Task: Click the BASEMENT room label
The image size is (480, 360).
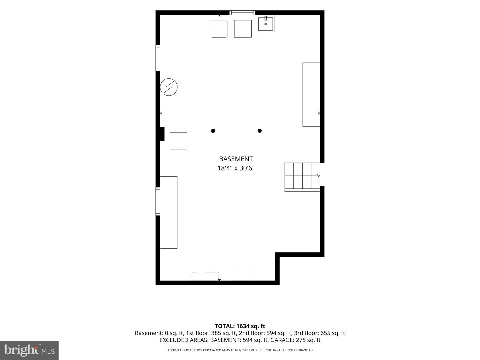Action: tap(236, 159)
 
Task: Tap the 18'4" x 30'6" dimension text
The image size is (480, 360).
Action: tap(236, 168)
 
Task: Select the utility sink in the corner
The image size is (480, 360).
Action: tap(265, 24)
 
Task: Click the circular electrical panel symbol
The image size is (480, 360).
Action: tap(169, 87)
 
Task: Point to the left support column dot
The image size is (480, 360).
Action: tap(213, 131)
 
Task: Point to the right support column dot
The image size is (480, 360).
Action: tap(260, 131)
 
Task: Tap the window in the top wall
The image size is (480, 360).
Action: tap(242, 13)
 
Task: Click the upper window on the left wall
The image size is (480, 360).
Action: tap(158, 58)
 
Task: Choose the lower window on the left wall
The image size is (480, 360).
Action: tap(158, 201)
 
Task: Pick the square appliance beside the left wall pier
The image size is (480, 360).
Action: tap(178, 141)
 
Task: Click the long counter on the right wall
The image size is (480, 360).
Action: tap(311, 94)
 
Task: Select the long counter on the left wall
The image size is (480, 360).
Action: tap(169, 212)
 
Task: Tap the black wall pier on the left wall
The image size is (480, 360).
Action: tap(162, 134)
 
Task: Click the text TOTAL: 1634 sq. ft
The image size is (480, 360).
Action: tap(240, 326)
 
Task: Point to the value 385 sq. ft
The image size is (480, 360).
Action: tap(224, 333)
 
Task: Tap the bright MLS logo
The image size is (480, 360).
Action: tap(29, 350)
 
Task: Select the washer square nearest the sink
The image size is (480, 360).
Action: tap(243, 29)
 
